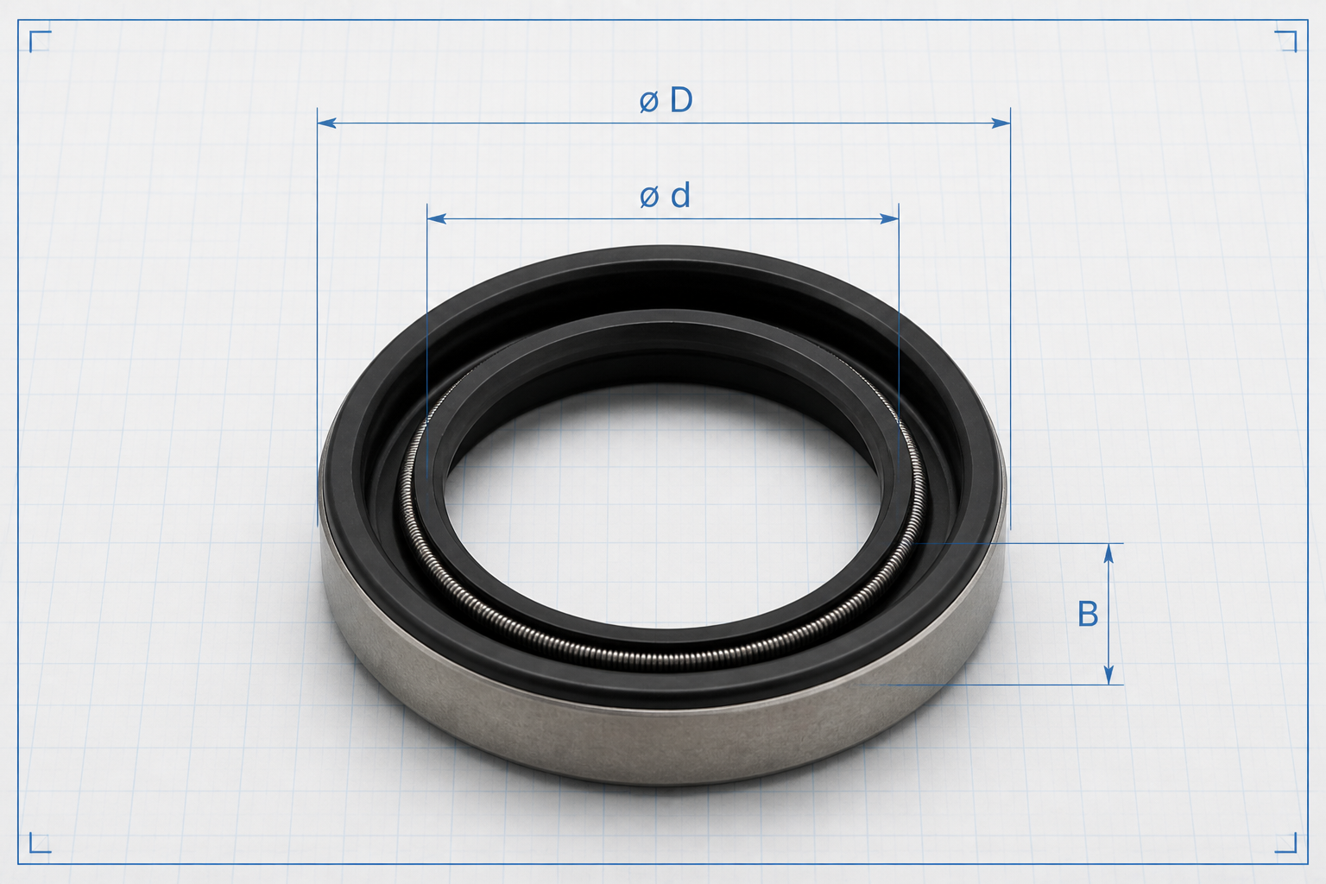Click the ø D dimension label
tap(666, 100)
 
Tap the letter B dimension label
tap(1088, 614)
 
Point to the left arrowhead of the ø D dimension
tap(327, 123)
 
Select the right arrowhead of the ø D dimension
tap(1001, 123)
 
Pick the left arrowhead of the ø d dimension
tap(436, 219)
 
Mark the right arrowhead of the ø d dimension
tap(890, 219)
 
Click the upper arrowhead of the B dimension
tap(1108, 553)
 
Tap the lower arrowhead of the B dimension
tap(1108, 675)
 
